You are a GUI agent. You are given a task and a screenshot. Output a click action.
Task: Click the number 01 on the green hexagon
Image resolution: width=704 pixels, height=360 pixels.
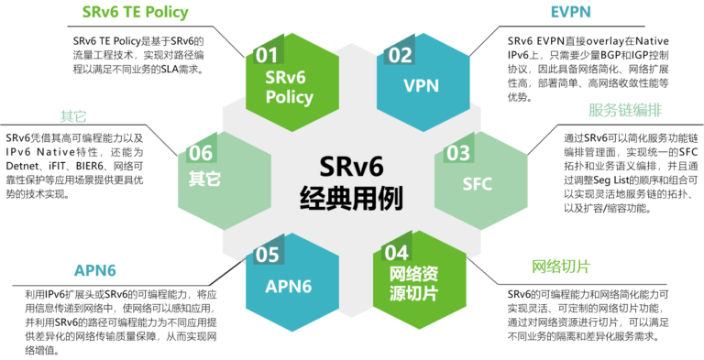(x=267, y=55)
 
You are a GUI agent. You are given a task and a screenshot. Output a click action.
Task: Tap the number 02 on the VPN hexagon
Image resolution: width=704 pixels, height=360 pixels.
(x=400, y=55)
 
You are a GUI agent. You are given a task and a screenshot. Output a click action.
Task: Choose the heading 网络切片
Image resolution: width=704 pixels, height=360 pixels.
(x=561, y=267)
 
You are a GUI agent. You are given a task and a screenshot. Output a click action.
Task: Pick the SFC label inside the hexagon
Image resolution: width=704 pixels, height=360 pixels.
(x=477, y=183)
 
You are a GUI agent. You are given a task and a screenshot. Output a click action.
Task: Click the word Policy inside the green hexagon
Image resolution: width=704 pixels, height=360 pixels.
(x=289, y=96)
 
